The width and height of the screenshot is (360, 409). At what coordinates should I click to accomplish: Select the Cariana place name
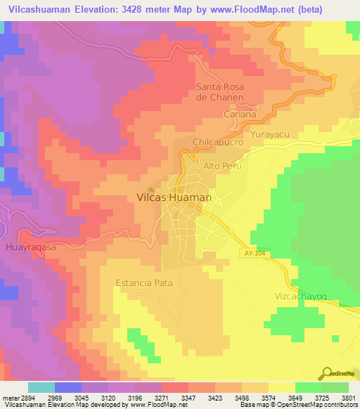pyautogui.click(x=240, y=114)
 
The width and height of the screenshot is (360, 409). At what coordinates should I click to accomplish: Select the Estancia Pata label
pyautogui.click(x=143, y=283)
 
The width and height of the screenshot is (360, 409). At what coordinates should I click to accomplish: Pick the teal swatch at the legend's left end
pyautogui.click(x=41, y=387)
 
